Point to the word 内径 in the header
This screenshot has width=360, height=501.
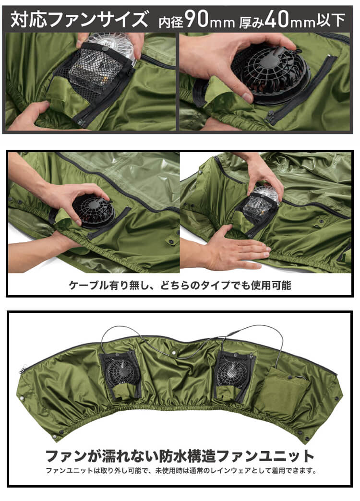click(x=171, y=21)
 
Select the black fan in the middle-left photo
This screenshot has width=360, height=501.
click(x=93, y=211)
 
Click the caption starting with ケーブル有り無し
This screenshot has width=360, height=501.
click(x=180, y=285)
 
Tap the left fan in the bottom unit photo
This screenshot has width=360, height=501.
click(x=120, y=372)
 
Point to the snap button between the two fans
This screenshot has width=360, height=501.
click(x=174, y=352)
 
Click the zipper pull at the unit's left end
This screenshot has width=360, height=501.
click(x=23, y=370)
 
